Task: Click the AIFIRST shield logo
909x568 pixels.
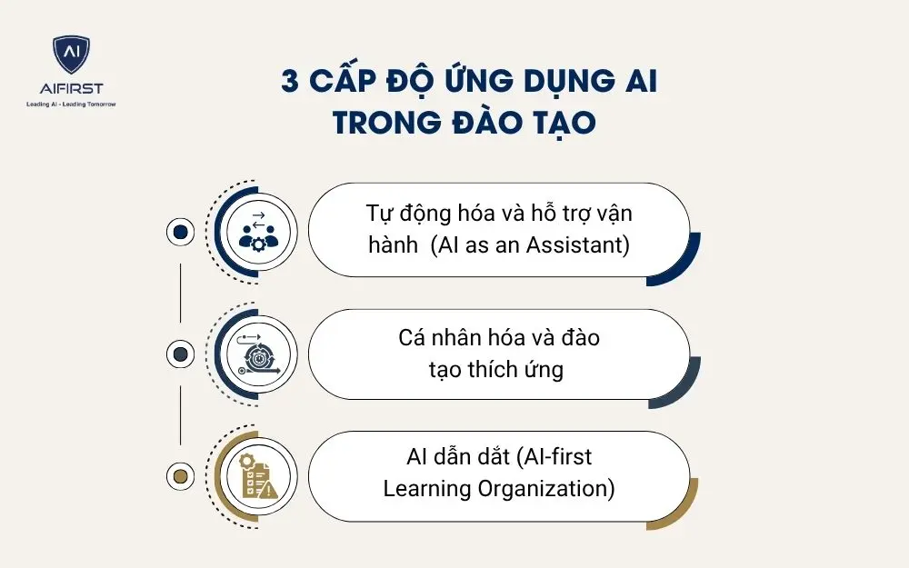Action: tap(71, 55)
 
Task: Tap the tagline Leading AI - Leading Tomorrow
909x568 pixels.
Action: tap(71, 104)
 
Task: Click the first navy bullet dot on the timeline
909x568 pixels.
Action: tap(180, 232)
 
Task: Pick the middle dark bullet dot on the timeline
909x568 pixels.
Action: tap(180, 354)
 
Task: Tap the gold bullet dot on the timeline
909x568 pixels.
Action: tap(180, 476)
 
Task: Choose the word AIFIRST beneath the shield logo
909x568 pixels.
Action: tap(71, 88)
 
